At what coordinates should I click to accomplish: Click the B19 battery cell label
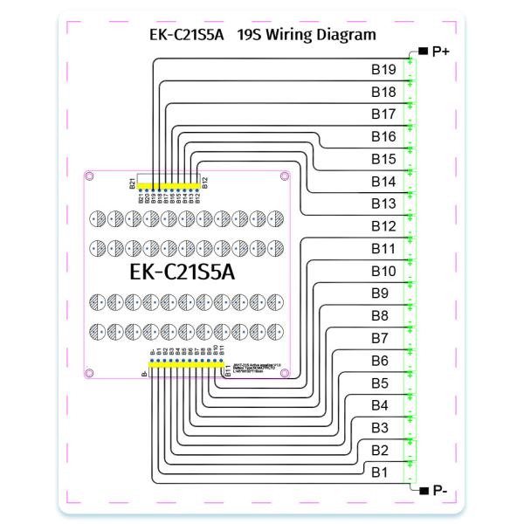(x=383, y=69)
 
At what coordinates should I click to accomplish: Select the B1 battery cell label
(x=379, y=472)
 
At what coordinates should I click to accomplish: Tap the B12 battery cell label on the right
(x=383, y=226)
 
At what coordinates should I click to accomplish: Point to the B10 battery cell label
(x=383, y=271)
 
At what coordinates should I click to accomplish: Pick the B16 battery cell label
(x=383, y=136)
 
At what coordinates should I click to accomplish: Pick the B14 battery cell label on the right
(x=383, y=181)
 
